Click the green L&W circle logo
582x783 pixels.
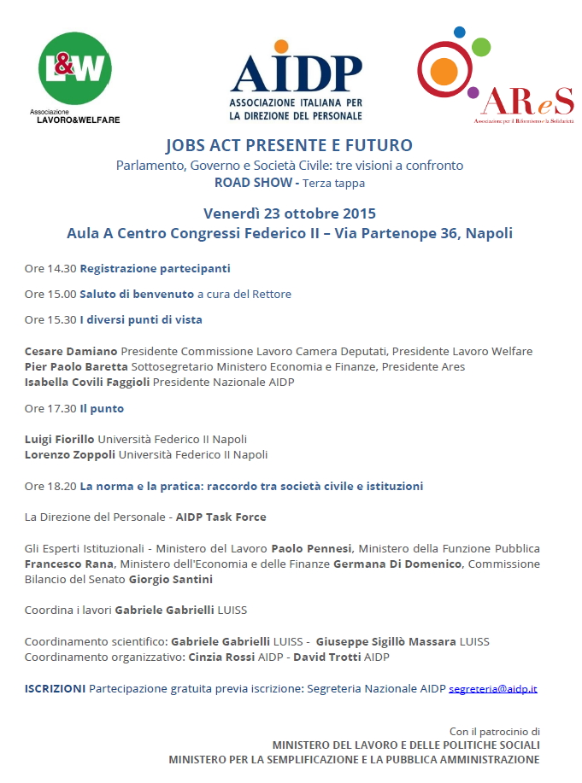(x=76, y=69)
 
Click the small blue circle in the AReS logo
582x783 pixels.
(x=460, y=32)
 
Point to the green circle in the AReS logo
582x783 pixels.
(x=481, y=46)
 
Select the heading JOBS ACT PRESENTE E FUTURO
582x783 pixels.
(x=289, y=145)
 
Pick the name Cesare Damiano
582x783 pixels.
(x=71, y=351)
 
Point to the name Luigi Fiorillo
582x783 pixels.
(x=60, y=439)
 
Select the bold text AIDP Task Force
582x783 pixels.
(x=220, y=517)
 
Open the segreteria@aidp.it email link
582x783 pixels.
(x=493, y=688)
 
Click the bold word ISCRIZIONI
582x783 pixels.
(x=55, y=687)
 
